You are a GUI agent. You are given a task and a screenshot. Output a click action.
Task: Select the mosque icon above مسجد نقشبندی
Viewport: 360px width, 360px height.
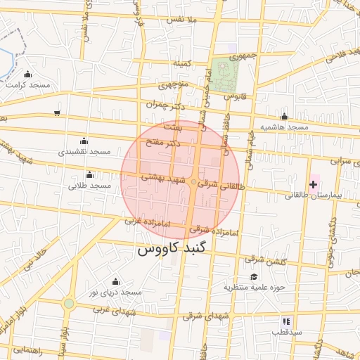click(84, 141)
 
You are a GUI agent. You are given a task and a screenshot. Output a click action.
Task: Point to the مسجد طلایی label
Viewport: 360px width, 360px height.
click(90, 186)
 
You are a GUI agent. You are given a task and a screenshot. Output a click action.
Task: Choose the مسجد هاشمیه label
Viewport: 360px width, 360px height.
click(285, 127)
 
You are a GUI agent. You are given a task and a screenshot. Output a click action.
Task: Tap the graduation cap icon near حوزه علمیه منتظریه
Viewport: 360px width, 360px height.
click(253, 276)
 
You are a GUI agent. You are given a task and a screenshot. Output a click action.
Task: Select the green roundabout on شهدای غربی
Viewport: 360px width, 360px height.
click(69, 304)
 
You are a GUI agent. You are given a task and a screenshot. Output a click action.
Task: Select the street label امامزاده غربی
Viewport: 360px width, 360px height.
click(148, 221)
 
